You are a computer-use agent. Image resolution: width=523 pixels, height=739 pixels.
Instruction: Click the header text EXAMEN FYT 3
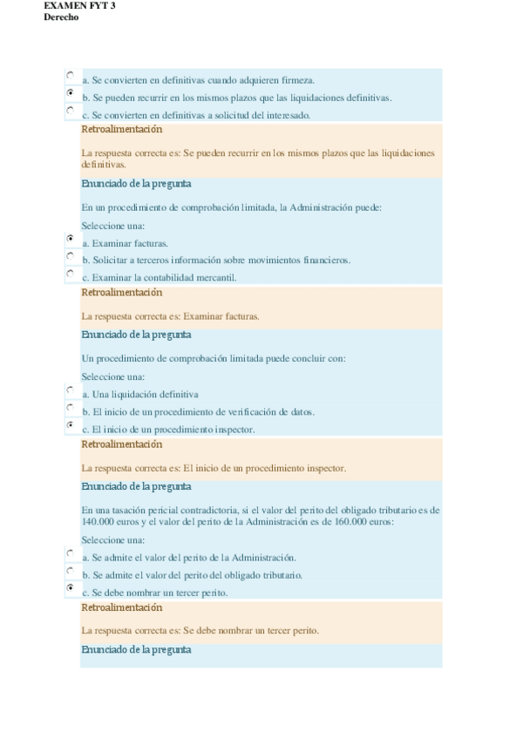click(79, 5)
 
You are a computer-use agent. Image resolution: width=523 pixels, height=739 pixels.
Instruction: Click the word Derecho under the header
click(61, 17)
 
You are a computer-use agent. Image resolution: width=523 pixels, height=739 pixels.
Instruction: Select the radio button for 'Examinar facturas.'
click(70, 238)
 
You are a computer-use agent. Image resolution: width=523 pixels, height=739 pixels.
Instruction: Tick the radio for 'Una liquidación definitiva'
click(70, 390)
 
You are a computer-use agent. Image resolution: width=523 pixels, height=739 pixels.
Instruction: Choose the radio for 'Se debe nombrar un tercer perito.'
click(70, 588)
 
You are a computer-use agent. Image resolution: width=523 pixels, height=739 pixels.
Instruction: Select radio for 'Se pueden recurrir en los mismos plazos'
click(70, 92)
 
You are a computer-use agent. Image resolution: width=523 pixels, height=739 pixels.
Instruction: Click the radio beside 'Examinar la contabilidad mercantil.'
click(70, 274)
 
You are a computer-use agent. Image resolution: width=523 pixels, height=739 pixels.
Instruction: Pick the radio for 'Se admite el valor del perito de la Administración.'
click(70, 553)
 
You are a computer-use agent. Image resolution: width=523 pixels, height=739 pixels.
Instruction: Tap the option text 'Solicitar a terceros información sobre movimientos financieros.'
click(216, 260)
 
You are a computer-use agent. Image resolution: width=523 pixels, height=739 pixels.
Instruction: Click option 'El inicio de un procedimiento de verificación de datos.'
click(198, 411)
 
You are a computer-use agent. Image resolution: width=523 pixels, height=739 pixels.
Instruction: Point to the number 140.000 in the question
click(98, 521)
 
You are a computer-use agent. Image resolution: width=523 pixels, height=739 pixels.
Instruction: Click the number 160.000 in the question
click(345, 521)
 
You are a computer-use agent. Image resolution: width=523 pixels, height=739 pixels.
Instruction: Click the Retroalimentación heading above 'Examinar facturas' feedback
click(121, 293)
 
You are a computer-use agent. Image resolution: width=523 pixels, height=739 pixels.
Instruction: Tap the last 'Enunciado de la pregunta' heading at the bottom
click(136, 650)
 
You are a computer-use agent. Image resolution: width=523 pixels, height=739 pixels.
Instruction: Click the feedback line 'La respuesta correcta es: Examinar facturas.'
click(170, 316)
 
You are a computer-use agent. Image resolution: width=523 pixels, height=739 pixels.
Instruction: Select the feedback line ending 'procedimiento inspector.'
click(214, 468)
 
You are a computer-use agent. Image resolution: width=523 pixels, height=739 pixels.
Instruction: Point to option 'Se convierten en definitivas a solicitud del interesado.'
click(196, 115)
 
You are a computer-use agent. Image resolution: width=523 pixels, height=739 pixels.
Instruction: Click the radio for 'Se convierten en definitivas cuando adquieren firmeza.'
click(70, 75)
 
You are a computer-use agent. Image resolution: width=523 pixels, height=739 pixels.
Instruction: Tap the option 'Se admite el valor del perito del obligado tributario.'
click(192, 575)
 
